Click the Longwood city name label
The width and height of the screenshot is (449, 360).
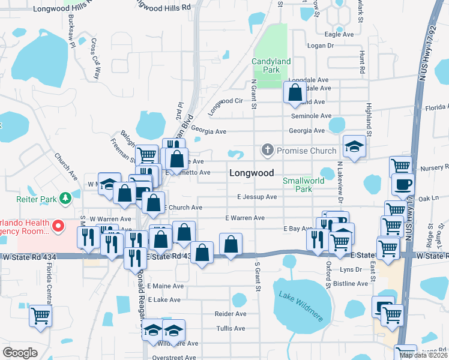point(252,173)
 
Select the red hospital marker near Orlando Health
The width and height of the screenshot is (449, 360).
point(58,226)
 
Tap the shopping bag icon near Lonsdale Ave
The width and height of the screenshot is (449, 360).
point(295,92)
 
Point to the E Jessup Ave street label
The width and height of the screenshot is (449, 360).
point(257,196)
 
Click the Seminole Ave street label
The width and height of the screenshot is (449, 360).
point(311,116)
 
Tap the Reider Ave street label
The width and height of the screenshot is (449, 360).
point(231,314)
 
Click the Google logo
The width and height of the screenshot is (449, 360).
point(20,353)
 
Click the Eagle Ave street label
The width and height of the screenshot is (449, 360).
point(339,34)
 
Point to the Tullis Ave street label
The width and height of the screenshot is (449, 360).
point(231,329)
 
